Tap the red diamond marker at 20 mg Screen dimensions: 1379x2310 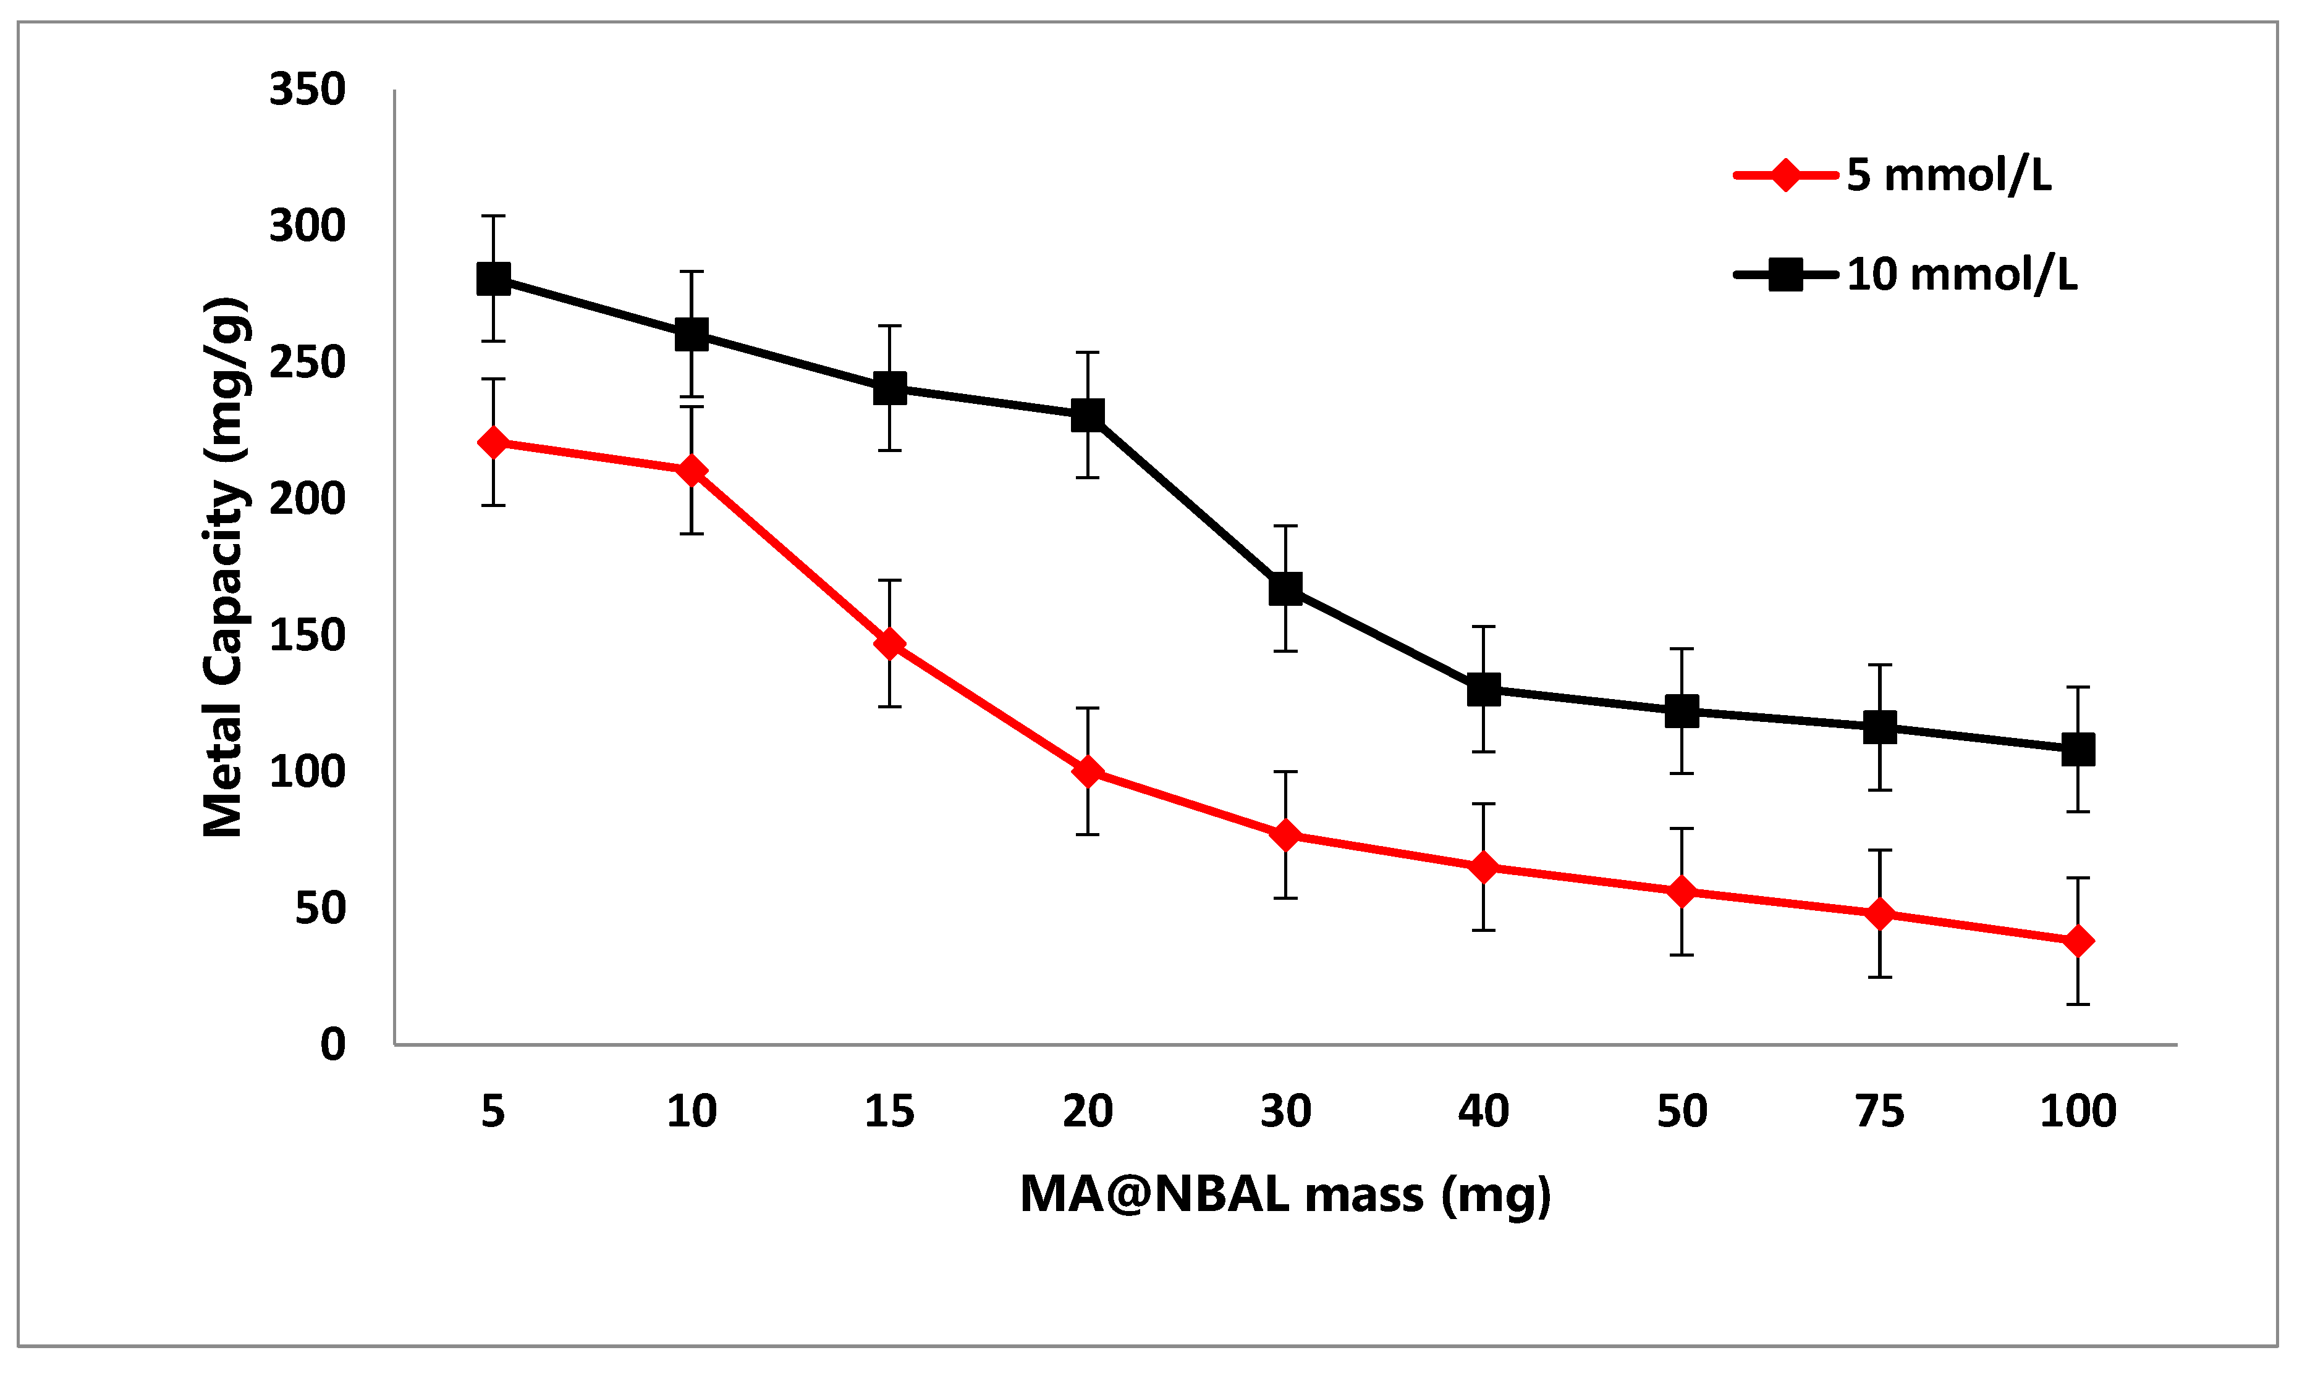[1088, 771]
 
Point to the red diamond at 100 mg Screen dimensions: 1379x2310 [2078, 941]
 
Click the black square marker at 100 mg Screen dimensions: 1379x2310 [2078, 749]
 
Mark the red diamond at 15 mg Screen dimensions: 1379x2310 [890, 643]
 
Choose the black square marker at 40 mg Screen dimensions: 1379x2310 [1484, 689]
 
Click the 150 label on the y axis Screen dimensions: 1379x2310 [307, 635]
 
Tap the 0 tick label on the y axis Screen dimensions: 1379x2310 [333, 1044]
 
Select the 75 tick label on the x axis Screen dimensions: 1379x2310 [1880, 1112]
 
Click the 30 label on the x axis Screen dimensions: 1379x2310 [1285, 1112]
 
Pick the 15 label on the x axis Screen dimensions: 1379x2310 [890, 1112]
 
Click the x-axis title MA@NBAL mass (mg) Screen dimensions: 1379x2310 [1285, 1194]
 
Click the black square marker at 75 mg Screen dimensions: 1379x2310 [1880, 727]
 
